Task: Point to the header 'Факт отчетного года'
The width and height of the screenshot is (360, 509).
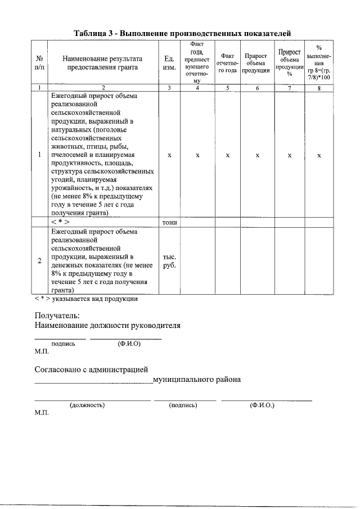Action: (x=227, y=62)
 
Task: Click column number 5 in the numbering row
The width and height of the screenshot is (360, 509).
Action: (x=227, y=88)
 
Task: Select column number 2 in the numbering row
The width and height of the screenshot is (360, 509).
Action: (x=102, y=88)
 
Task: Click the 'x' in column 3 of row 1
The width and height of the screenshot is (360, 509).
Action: (x=169, y=155)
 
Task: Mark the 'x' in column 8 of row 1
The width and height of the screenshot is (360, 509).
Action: (x=319, y=155)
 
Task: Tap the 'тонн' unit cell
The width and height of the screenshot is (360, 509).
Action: (x=169, y=222)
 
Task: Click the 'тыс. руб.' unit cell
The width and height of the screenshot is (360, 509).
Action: (x=169, y=261)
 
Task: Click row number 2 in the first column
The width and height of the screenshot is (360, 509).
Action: (x=39, y=261)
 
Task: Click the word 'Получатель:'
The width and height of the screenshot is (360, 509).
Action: (x=57, y=316)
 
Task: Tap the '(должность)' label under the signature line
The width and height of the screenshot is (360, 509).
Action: (x=87, y=405)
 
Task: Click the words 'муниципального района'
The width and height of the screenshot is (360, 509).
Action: (x=197, y=380)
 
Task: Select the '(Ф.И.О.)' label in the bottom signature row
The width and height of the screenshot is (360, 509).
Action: (x=262, y=405)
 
